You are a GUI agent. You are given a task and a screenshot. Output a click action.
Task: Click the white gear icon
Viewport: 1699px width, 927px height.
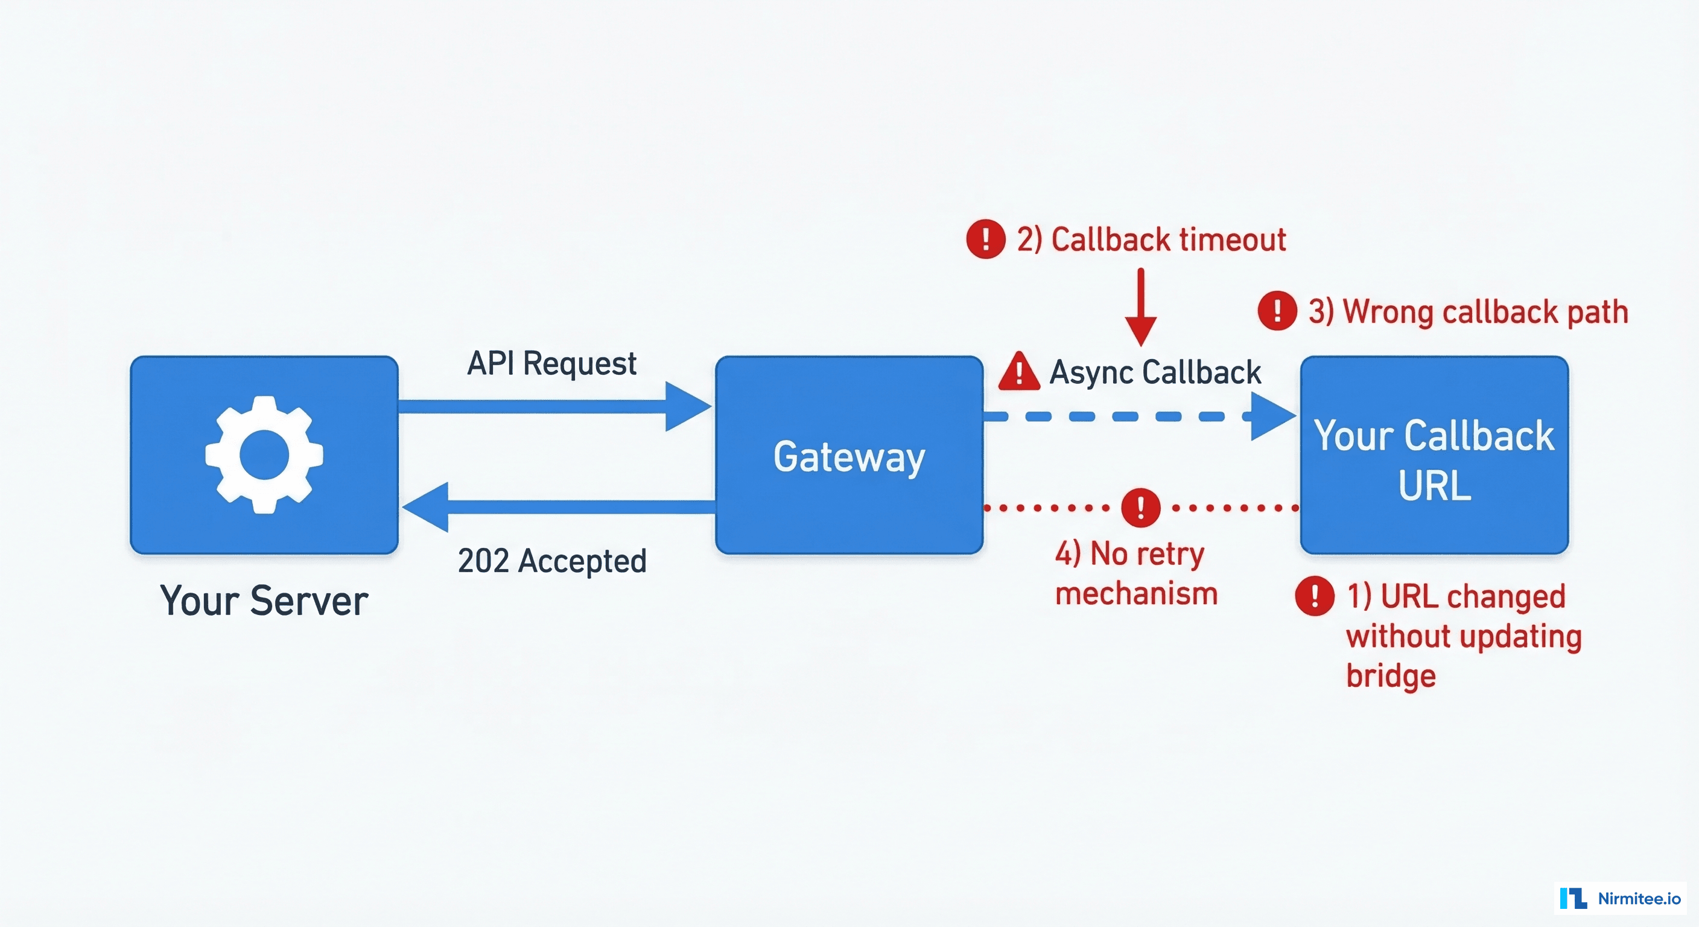pyautogui.click(x=264, y=454)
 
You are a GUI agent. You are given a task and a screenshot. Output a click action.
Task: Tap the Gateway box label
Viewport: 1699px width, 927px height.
pyautogui.click(x=849, y=457)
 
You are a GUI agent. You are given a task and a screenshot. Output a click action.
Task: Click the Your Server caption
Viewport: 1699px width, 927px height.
pyautogui.click(x=264, y=600)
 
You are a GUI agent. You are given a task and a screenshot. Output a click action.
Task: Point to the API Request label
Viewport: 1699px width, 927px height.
pyautogui.click(x=551, y=363)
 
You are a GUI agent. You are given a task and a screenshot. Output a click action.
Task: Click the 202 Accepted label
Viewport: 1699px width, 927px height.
pyautogui.click(x=552, y=561)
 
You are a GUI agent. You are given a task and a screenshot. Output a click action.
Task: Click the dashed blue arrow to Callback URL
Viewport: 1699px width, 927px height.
pyautogui.click(x=1121, y=416)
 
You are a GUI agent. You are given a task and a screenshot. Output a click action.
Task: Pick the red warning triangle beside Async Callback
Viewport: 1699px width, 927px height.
pyautogui.click(x=1019, y=371)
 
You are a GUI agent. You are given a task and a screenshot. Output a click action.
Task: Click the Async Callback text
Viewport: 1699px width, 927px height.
pyautogui.click(x=1155, y=372)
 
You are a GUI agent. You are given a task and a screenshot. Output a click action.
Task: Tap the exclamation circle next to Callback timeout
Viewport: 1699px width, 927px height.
pyautogui.click(x=985, y=239)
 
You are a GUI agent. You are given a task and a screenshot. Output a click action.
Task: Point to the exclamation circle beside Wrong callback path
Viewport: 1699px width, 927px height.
pyautogui.click(x=1277, y=311)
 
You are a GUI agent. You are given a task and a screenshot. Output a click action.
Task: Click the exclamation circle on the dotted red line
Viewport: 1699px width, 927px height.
pyautogui.click(x=1140, y=508)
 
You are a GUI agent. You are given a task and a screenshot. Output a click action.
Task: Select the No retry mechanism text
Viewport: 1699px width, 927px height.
pyautogui.click(x=1135, y=573)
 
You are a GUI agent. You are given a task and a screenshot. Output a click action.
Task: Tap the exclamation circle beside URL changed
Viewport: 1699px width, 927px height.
pyautogui.click(x=1315, y=596)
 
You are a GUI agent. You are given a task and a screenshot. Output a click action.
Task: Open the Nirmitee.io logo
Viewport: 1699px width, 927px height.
pyautogui.click(x=1619, y=898)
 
